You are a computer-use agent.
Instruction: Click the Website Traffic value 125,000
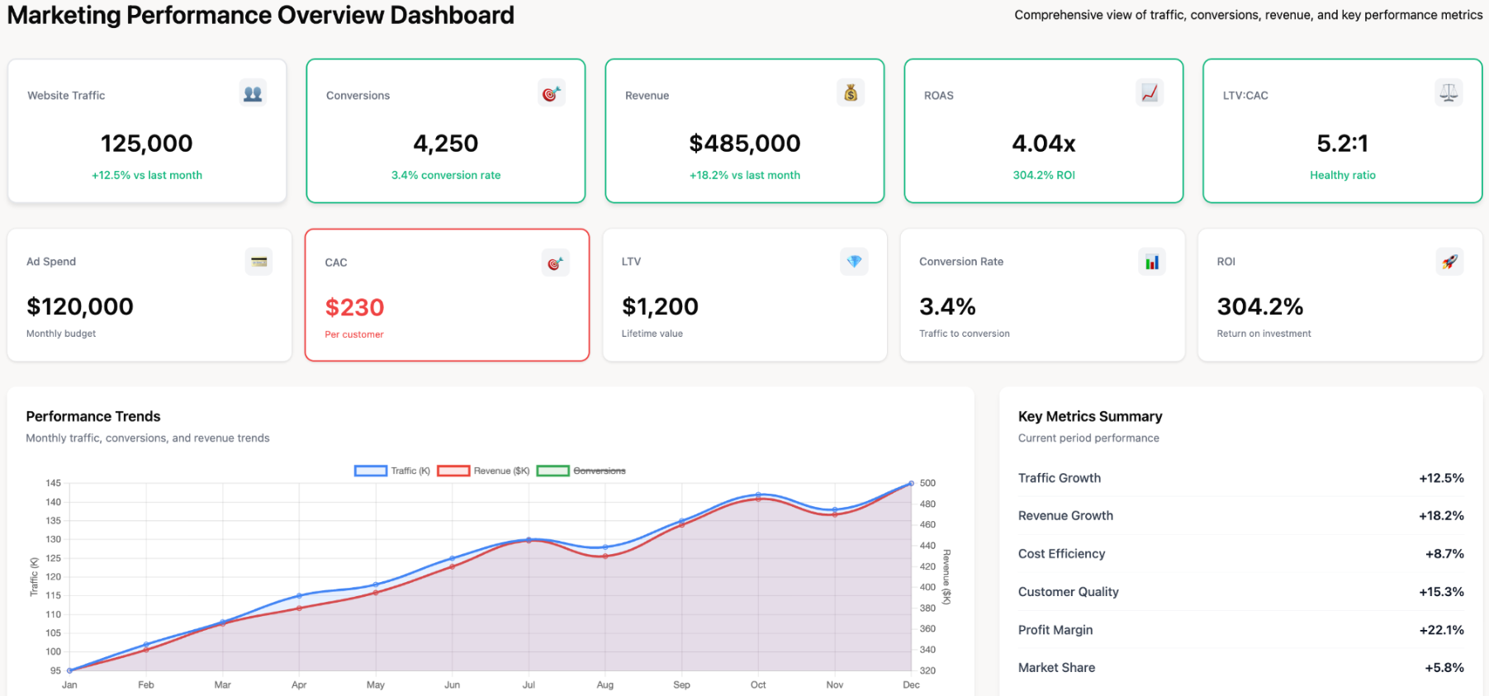146,144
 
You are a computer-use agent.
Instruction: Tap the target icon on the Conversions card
551,94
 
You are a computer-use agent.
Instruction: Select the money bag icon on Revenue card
850,93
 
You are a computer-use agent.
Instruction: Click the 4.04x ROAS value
1043,144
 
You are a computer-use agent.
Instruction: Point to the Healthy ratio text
1342,175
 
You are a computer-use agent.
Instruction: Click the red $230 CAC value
354,307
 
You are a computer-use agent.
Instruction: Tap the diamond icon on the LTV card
854,262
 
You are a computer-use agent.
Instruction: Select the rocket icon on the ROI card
1449,262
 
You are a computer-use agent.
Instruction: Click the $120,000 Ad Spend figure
80,306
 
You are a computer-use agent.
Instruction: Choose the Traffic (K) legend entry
392,471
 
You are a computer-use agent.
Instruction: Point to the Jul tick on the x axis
529,684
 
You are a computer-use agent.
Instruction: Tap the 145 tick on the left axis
53,483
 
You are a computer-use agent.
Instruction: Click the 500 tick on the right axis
927,483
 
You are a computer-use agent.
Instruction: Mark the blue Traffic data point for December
911,483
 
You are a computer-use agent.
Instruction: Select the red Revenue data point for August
605,556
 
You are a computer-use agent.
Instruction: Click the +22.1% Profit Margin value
1441,630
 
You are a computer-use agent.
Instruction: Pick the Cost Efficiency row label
1061,554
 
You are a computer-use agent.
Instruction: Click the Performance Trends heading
93,416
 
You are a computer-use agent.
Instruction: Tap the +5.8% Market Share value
1444,668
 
